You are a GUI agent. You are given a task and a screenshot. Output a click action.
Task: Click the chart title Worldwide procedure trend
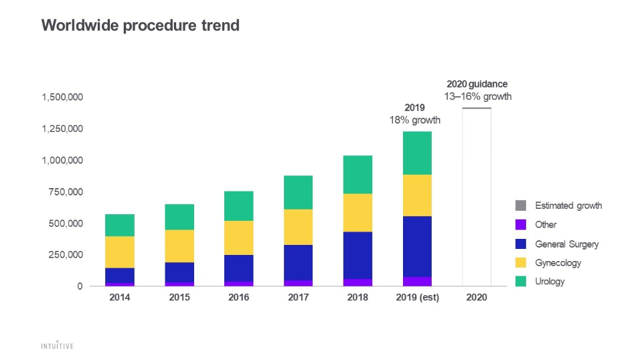point(140,25)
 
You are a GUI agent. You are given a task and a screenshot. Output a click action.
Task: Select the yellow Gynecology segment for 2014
point(120,252)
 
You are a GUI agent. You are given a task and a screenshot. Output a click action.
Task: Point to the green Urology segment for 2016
point(238,205)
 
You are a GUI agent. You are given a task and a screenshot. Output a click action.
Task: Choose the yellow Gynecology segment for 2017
point(298,227)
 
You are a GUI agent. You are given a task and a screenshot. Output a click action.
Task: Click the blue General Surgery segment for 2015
point(179,272)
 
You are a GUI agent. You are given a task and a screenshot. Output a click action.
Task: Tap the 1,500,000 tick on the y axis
point(62,97)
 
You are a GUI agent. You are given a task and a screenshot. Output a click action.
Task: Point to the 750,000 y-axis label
point(66,192)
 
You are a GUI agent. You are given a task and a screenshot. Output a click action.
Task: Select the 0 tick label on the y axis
point(80,286)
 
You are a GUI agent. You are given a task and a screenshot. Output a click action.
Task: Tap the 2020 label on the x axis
point(477,298)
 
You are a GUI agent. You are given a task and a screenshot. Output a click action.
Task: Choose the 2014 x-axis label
point(120,298)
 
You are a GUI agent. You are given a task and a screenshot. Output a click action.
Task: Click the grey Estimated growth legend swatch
point(521,205)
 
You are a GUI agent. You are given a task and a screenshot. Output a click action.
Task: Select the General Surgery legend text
point(566,244)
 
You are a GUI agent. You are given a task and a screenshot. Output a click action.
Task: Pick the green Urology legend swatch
point(521,282)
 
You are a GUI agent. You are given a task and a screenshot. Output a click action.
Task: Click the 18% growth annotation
point(415,120)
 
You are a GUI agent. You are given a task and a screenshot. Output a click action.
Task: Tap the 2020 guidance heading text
point(477,84)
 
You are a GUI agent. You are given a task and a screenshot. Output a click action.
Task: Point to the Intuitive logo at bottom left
point(56,346)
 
